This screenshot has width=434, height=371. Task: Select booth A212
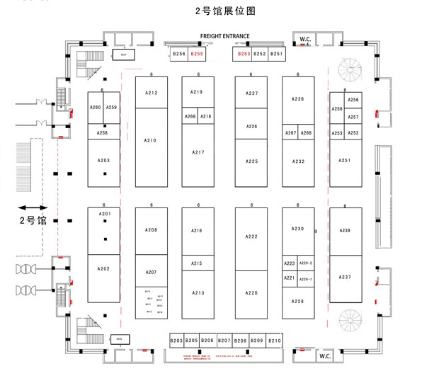151,93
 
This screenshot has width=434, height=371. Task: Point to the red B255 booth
197,54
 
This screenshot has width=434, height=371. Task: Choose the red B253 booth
244,54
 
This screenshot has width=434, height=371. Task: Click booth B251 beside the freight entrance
277,54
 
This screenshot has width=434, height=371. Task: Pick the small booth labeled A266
190,116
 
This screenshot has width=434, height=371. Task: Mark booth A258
103,132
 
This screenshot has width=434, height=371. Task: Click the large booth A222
251,236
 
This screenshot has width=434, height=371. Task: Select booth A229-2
306,263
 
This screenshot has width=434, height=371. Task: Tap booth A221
290,278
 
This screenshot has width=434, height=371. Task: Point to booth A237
345,277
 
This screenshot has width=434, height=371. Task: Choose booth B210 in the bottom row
275,341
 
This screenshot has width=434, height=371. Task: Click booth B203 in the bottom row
177,341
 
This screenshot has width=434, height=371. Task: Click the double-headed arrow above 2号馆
32,207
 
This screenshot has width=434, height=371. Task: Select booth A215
197,263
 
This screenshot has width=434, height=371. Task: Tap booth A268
306,133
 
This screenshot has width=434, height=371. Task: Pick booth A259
111,108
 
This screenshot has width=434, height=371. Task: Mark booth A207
151,272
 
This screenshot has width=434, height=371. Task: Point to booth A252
353,133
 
